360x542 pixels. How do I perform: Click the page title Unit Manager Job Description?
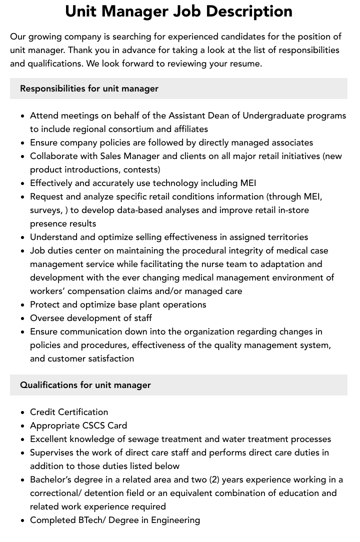coord(178,11)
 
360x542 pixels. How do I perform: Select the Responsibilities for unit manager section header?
coord(89,88)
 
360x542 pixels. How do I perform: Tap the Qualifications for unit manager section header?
coord(85,385)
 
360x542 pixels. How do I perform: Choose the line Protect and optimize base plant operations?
coord(118,304)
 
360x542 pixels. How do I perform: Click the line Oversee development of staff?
coord(91,318)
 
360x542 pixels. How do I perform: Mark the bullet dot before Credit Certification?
coord(22,412)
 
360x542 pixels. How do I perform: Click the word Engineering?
coord(175,520)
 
